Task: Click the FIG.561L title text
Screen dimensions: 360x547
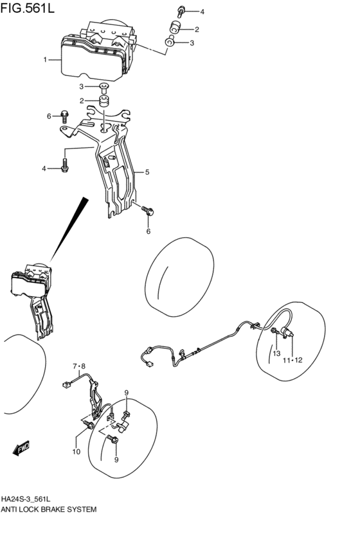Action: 27,8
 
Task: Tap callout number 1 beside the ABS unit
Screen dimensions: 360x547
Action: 45,60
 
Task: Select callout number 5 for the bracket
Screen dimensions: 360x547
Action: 147,172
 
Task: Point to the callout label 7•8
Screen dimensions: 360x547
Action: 79,366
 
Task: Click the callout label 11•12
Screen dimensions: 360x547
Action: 292,361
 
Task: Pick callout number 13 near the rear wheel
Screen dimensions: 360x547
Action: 276,354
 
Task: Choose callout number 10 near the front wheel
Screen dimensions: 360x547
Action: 76,452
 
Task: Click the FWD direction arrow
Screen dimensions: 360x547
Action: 22,448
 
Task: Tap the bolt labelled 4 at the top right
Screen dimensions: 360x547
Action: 181,11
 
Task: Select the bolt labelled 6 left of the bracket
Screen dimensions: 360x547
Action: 64,116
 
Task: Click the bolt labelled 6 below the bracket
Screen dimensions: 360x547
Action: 148,210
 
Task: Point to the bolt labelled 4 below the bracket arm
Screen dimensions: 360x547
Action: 65,165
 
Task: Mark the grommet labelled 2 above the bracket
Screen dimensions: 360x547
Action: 104,101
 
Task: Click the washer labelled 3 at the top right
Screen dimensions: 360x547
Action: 170,42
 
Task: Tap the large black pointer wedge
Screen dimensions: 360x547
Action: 68,229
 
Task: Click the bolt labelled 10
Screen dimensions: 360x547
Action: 89,425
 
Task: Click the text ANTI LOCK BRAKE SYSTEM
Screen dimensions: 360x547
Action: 48,510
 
